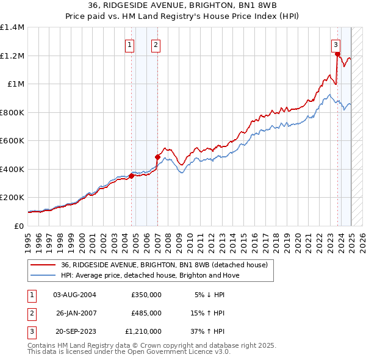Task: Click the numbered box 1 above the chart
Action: pyautogui.click(x=130, y=45)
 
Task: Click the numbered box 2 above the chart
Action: pyautogui.click(x=156, y=45)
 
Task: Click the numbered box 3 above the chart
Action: pyautogui.click(x=336, y=45)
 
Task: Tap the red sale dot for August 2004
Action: pyautogui.click(x=131, y=176)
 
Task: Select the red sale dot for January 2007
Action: pyautogui.click(x=157, y=157)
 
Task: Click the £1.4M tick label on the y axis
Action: pyautogui.click(x=12, y=27)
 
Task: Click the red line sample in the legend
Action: pyautogui.click(x=42, y=265)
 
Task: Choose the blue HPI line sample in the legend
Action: pyautogui.click(x=42, y=276)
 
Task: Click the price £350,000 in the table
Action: pyautogui.click(x=146, y=295)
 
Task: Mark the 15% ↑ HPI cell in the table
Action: pyautogui.click(x=208, y=313)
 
